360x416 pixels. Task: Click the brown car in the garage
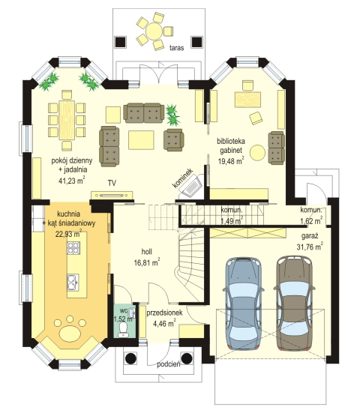pos(294,303)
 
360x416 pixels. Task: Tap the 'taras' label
pos(176,48)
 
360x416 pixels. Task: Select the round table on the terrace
pos(154,31)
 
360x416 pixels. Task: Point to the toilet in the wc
pos(123,329)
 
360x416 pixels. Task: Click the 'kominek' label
pos(182,178)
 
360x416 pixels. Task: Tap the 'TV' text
pos(112,183)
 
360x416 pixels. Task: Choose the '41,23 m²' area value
pos(71,181)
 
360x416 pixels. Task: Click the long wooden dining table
pos(67,120)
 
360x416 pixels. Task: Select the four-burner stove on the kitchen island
pos(73,249)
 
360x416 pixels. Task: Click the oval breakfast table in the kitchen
pos(70,333)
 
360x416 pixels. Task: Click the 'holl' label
pos(147,251)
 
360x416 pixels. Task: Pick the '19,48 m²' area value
pos(231,160)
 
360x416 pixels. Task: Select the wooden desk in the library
pos(247,100)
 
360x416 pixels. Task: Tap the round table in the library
pos(257,153)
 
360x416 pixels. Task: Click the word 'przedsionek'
pos(164,313)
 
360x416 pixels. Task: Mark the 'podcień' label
pos(169,364)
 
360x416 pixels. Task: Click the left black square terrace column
pos(120,42)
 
